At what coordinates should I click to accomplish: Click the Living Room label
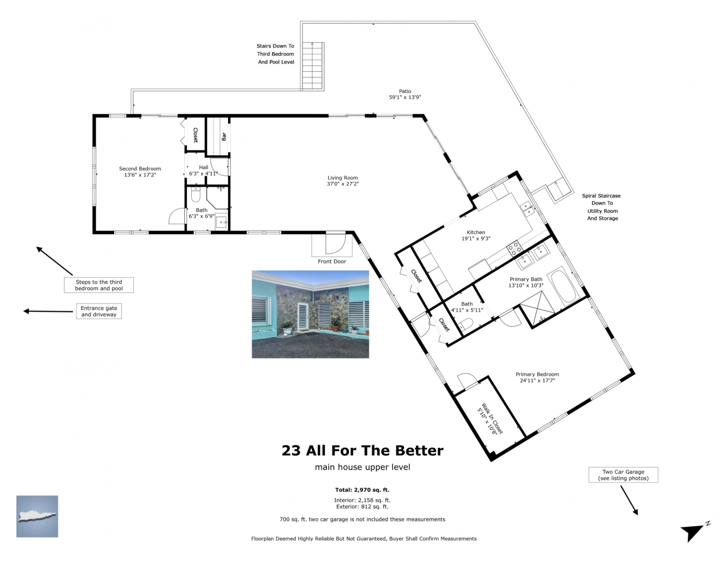pyautogui.click(x=343, y=178)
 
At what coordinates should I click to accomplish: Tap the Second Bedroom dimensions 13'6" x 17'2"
pyautogui.click(x=140, y=175)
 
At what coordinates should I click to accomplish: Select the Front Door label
pyautogui.click(x=332, y=261)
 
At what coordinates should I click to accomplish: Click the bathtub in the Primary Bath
pyautogui.click(x=565, y=286)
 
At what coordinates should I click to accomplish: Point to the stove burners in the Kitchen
pyautogui.click(x=514, y=249)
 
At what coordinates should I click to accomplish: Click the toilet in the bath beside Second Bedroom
pyautogui.click(x=195, y=195)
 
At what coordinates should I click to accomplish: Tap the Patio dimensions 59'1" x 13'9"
pyautogui.click(x=405, y=97)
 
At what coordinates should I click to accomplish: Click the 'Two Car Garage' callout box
pyautogui.click(x=623, y=475)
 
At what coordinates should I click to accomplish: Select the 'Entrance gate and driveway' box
pyautogui.click(x=99, y=311)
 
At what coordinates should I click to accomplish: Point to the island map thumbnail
pyautogui.click(x=37, y=516)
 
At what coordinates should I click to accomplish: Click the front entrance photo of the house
pyautogui.click(x=310, y=314)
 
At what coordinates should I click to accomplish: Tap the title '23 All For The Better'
pyautogui.click(x=362, y=451)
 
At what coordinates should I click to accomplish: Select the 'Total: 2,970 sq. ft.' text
pyautogui.click(x=362, y=490)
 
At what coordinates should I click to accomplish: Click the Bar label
pyautogui.click(x=224, y=136)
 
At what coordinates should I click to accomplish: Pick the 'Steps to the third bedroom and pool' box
pyautogui.click(x=99, y=285)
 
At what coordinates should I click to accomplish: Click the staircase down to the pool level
pyautogui.click(x=312, y=66)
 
